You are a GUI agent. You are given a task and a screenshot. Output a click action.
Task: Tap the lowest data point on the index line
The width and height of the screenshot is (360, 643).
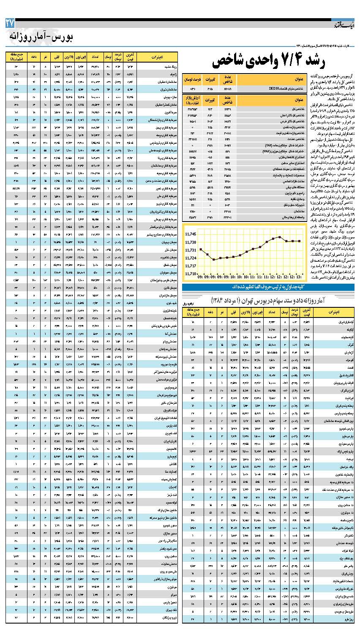coord(214,260)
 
